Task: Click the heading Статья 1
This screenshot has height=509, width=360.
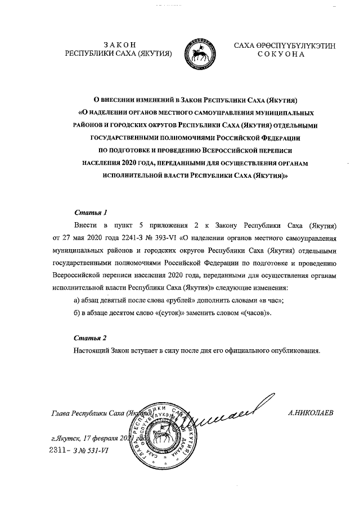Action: [91, 213]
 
